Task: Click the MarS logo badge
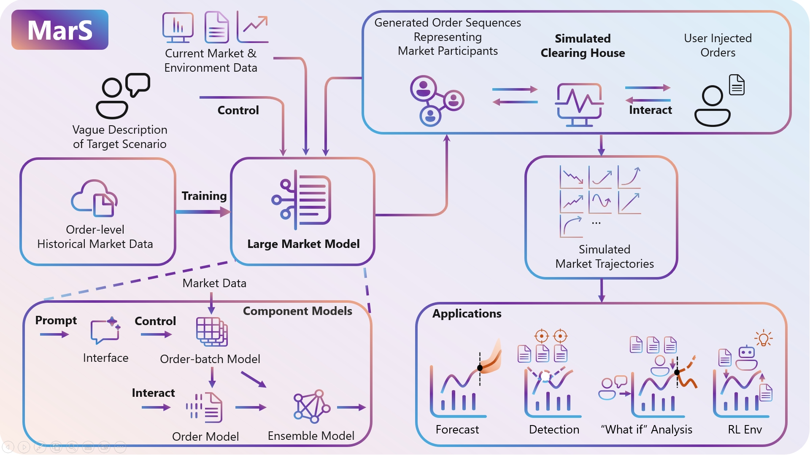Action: click(x=60, y=30)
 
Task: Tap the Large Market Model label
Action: click(x=303, y=244)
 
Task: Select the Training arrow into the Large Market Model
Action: click(x=203, y=212)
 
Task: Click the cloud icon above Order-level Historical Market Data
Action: click(x=94, y=198)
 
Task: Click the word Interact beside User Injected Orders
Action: click(x=651, y=110)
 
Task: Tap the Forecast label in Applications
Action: click(x=457, y=429)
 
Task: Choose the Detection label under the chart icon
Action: click(x=554, y=429)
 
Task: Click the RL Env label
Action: click(x=745, y=429)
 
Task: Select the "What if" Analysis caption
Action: click(x=646, y=429)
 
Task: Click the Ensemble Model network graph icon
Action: click(x=312, y=406)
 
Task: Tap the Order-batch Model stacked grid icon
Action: click(x=212, y=331)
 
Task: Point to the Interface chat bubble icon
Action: click(x=105, y=330)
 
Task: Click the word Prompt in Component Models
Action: click(x=56, y=320)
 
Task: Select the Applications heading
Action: click(x=467, y=314)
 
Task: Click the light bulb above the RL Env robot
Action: click(x=764, y=338)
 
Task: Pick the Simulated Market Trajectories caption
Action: click(x=605, y=256)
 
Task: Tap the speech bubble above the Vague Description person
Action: click(x=138, y=84)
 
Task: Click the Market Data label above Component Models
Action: click(x=214, y=283)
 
